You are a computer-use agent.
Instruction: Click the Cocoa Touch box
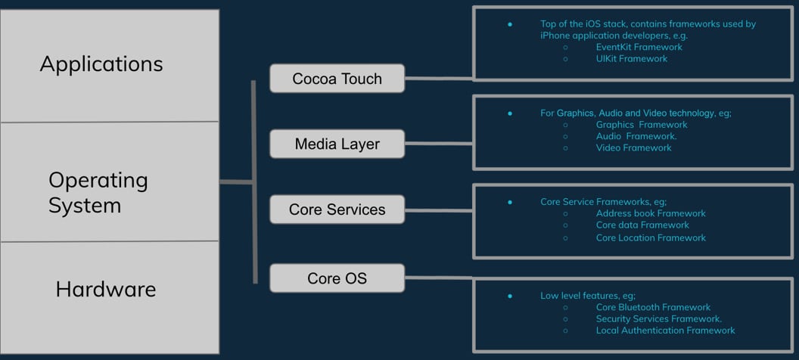click(x=337, y=79)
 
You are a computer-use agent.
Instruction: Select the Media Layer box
click(x=337, y=144)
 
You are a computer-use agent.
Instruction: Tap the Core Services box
click(x=337, y=209)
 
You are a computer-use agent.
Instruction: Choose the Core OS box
click(x=337, y=278)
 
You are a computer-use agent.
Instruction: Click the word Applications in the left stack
click(x=101, y=64)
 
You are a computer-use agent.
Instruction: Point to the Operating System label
click(x=98, y=193)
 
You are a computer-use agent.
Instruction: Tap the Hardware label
click(x=106, y=289)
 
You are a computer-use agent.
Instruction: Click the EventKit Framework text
click(x=639, y=47)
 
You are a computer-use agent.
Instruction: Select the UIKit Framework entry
click(x=632, y=58)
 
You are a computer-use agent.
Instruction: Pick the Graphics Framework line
click(x=642, y=125)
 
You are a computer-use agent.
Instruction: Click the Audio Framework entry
click(x=636, y=136)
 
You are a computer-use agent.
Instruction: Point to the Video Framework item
click(x=634, y=147)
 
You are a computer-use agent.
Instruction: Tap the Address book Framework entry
click(x=651, y=213)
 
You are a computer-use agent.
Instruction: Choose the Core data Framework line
click(x=642, y=225)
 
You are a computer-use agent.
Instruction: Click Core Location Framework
click(x=651, y=237)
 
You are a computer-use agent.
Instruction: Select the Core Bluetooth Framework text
click(x=653, y=307)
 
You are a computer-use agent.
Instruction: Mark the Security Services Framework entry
click(x=659, y=318)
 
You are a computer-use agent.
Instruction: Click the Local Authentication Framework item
click(x=666, y=331)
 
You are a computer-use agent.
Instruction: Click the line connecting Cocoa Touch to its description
click(x=439, y=79)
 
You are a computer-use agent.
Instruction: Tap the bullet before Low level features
click(x=509, y=296)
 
